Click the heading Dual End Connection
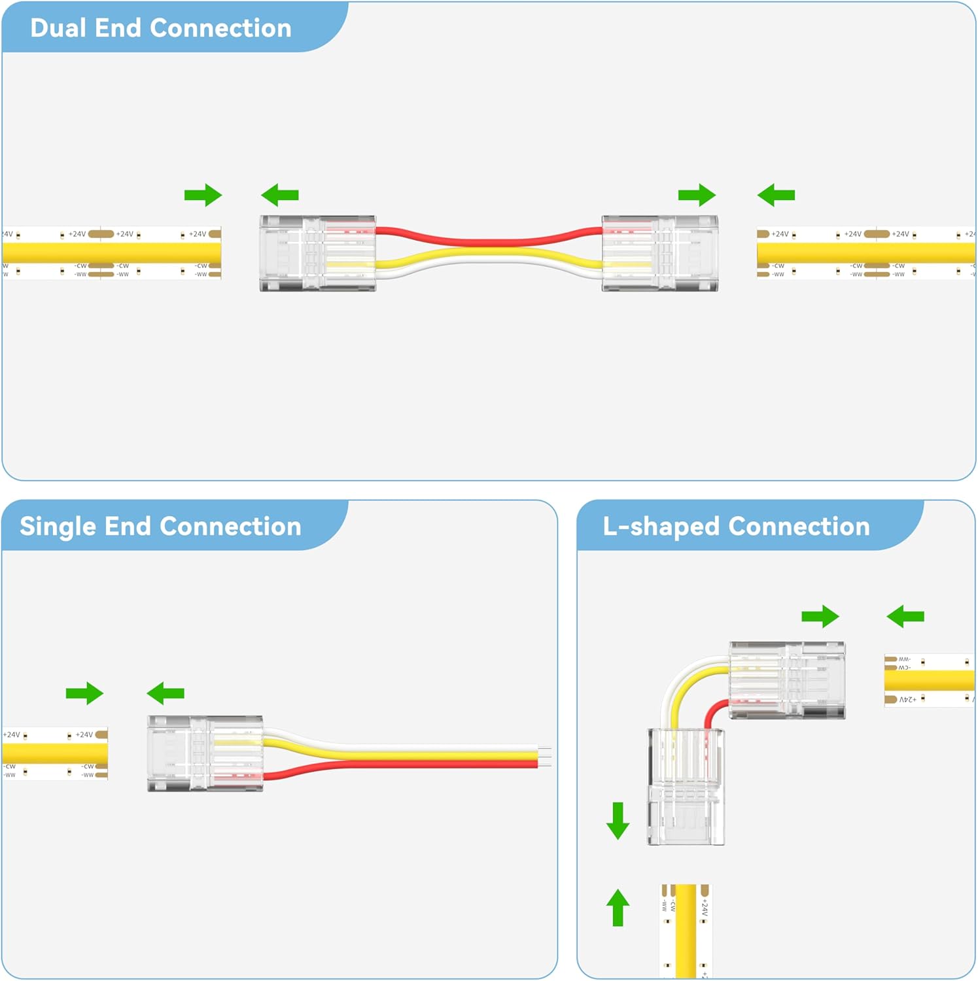[160, 28]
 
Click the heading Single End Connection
[160, 526]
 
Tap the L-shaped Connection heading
[736, 526]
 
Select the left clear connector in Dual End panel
[317, 253]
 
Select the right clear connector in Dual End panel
[659, 253]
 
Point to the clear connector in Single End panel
[205, 753]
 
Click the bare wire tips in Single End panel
[544, 757]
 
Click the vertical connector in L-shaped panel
[686, 787]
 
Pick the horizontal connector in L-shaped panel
[787, 680]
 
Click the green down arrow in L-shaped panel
[618, 821]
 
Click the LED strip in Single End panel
[54, 753]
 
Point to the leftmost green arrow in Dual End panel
[203, 195]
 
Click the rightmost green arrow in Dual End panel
[776, 195]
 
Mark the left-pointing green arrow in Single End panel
[166, 693]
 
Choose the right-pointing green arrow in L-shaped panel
[820, 616]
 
